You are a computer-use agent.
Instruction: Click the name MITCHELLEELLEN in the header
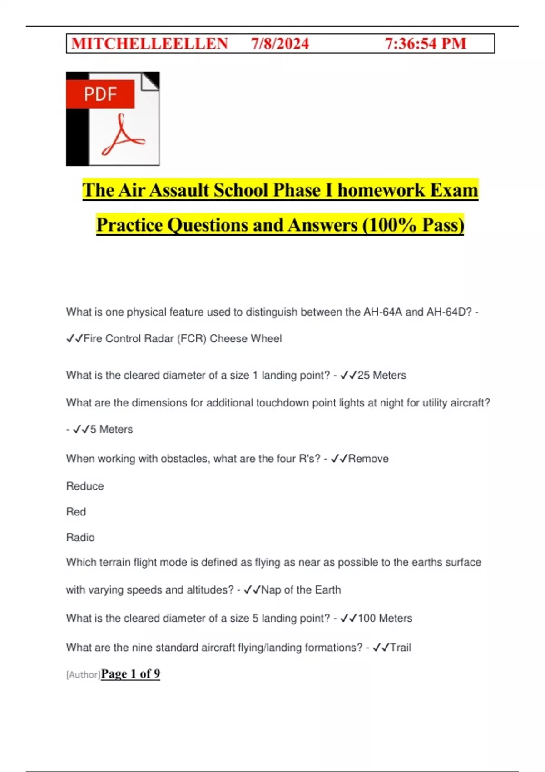click(149, 44)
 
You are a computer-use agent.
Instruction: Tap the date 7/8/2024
click(280, 44)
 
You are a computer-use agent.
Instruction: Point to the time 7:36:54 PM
click(426, 44)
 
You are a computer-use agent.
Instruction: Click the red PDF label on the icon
click(100, 94)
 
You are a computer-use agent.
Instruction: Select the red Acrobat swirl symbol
click(122, 136)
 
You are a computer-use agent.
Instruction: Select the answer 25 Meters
click(381, 376)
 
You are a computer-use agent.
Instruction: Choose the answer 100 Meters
click(385, 619)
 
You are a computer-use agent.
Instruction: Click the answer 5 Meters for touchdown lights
click(111, 430)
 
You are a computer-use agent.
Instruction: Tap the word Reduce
click(85, 486)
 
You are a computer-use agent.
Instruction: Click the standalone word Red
click(76, 512)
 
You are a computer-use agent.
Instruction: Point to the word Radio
click(80, 538)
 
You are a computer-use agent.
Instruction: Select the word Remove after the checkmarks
click(368, 459)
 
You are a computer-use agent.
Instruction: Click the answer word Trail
click(401, 648)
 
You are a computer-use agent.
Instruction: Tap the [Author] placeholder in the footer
click(83, 675)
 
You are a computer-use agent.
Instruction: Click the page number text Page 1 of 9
click(130, 674)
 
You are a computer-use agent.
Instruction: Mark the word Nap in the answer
click(271, 590)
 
